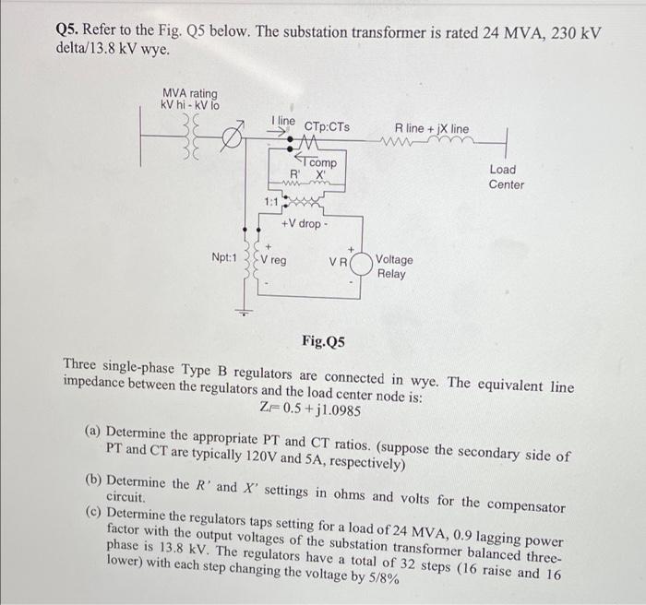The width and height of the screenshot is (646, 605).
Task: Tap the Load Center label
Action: [x=507, y=177]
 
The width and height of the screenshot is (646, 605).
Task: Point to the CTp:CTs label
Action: [x=327, y=126]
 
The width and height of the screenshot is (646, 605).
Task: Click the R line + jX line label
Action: [x=431, y=128]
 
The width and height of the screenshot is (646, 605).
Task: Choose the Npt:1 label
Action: [x=223, y=260]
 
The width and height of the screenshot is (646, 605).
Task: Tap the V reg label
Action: [x=272, y=260]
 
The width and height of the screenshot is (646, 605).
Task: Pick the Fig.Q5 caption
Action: [x=323, y=342]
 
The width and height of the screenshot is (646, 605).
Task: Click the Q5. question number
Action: [x=70, y=33]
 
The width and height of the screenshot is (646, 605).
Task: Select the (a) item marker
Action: [x=93, y=432]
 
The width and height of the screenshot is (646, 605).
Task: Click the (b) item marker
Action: [x=93, y=480]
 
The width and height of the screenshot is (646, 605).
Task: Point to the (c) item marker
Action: [x=93, y=513]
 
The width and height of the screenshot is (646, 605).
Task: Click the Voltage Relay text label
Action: [x=395, y=267]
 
